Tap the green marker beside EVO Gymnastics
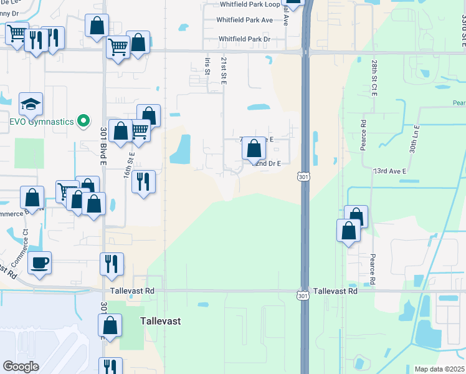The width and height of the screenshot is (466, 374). click(81, 121)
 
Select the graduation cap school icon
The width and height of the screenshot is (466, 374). click(31, 105)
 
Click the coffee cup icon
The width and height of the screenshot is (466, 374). click(40, 262)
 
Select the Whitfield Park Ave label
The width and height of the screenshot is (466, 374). click(244, 20)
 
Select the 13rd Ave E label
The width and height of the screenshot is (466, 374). click(389, 171)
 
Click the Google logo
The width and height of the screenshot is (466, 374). click(21, 367)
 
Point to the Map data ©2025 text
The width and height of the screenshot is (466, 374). click(439, 369)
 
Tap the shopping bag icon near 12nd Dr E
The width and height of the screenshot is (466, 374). click(254, 149)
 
